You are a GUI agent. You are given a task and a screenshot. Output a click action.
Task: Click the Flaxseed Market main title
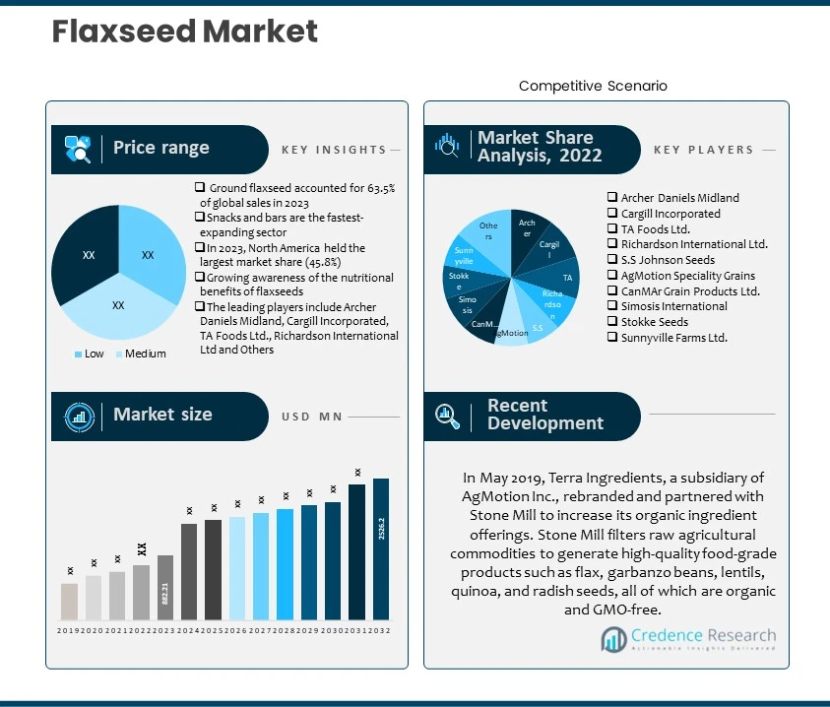click(185, 32)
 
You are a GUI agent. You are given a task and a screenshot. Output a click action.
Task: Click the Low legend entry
click(91, 353)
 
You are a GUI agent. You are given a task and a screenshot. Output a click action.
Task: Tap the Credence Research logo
click(688, 640)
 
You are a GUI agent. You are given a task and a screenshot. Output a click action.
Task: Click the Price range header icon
click(78, 149)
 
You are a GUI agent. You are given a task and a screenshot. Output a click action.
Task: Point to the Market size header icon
click(79, 416)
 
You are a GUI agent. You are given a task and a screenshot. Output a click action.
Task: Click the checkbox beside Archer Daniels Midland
click(612, 198)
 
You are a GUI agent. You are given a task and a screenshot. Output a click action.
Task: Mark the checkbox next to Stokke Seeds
click(612, 322)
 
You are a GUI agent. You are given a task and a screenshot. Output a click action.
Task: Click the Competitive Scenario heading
click(593, 86)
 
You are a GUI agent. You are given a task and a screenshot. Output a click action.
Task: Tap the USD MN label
click(311, 417)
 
